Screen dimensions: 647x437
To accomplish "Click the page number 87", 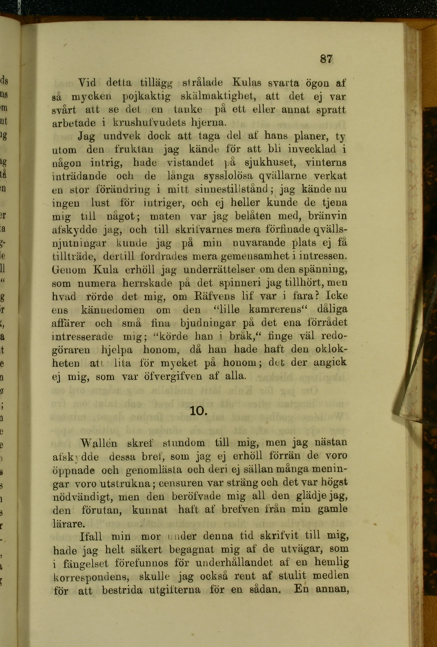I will coord(326,59).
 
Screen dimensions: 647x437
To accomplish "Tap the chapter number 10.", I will coord(198,411).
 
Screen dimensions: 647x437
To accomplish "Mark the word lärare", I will coord(68,524).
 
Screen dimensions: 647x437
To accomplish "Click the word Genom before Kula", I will coord(69,270).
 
